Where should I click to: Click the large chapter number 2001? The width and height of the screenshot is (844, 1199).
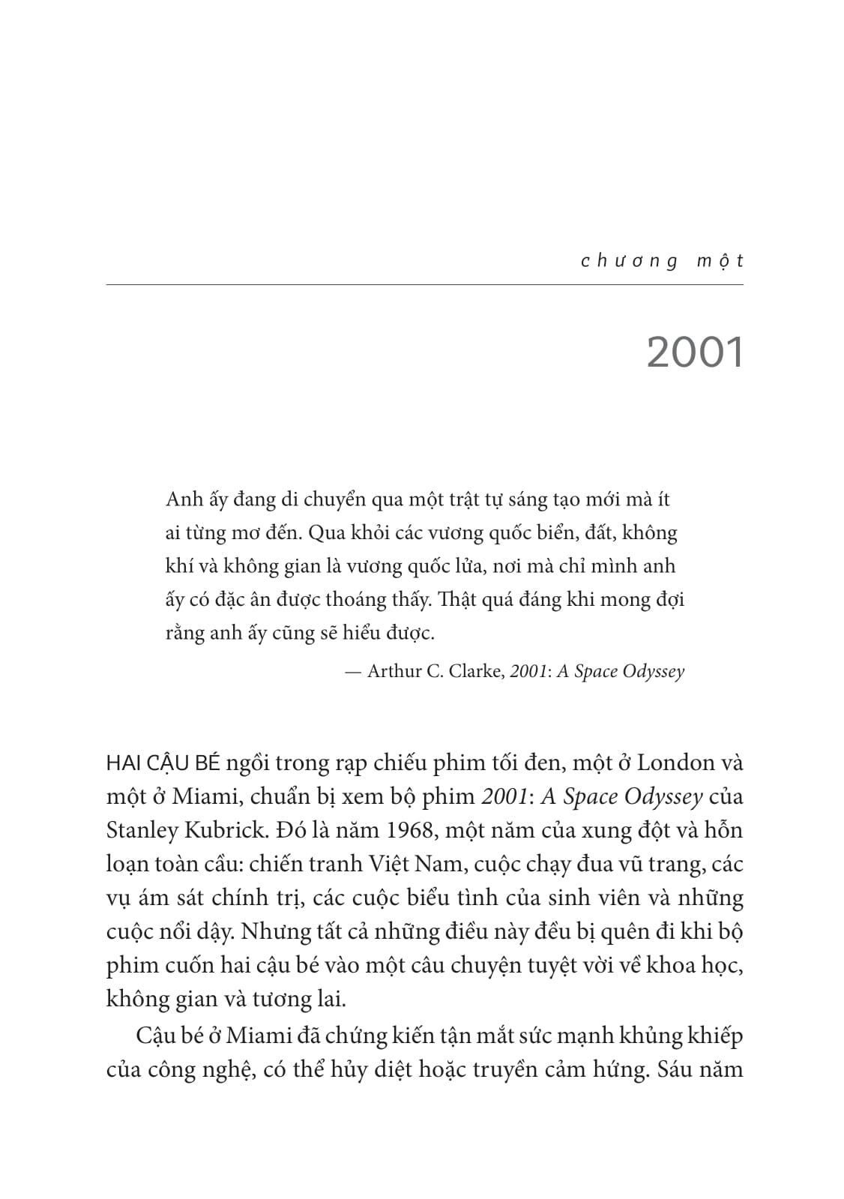pos(694,352)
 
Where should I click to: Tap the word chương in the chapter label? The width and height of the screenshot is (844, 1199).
pos(630,261)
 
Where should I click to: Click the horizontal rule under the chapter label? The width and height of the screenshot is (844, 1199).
pos(424,285)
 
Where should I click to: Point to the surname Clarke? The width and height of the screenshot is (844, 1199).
pos(477,671)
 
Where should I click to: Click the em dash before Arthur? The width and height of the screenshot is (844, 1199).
pos(353,671)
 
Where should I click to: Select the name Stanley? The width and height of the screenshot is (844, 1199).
pos(143,831)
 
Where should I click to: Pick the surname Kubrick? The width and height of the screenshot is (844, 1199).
pos(224,831)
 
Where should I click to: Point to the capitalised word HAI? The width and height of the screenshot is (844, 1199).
pos(123,764)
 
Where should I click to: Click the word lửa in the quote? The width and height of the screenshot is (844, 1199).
pos(468,566)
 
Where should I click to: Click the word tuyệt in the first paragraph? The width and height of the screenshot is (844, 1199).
pos(542,966)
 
